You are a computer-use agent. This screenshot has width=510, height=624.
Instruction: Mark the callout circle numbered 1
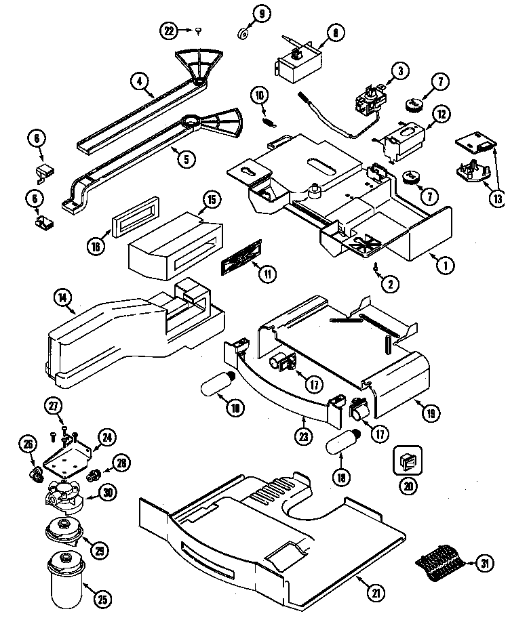point(445,266)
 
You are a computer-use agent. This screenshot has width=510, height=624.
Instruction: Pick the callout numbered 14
point(63,297)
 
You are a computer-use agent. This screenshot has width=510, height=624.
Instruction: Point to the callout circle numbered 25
point(102,598)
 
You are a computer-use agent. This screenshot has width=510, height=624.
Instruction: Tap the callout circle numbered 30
point(106,493)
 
